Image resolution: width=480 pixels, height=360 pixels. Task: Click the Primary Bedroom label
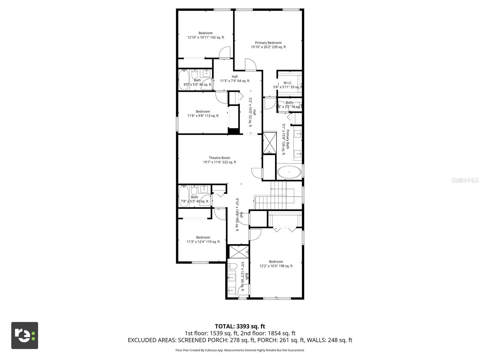pos(268,43)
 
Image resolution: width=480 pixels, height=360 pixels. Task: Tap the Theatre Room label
pos(219,158)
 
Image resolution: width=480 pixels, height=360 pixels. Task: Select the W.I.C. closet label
pos(287,83)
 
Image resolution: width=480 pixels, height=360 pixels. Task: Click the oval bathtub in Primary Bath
pos(289,172)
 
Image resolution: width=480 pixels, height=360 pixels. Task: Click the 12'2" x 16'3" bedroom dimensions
pos(276,266)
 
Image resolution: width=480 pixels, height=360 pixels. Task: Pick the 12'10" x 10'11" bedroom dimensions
pos(205,37)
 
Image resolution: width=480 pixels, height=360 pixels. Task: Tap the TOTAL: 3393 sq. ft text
pos(240,326)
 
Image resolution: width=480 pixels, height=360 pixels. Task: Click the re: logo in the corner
pos(25,335)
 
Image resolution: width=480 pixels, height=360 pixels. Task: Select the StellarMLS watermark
pos(465,180)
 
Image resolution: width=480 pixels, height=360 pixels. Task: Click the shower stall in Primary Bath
pos(269,143)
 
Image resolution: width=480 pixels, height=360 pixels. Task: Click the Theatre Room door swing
pos(257,173)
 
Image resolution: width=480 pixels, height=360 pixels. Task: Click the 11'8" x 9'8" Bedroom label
pos(203,112)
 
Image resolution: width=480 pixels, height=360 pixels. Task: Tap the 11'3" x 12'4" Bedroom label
pos(203,237)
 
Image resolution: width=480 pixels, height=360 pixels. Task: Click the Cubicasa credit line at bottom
pos(240,350)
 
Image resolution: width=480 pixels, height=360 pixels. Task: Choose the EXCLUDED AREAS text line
pos(240,340)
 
